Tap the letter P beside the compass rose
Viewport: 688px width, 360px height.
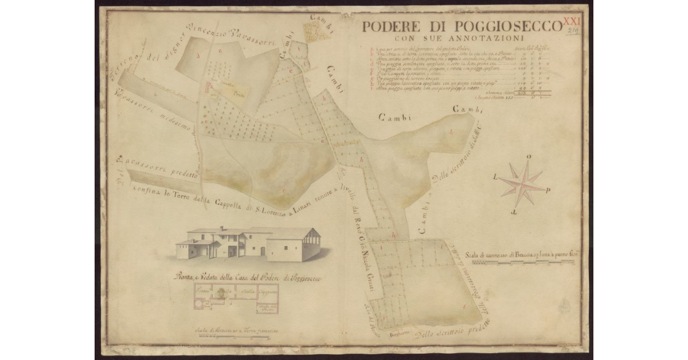(549, 191)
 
